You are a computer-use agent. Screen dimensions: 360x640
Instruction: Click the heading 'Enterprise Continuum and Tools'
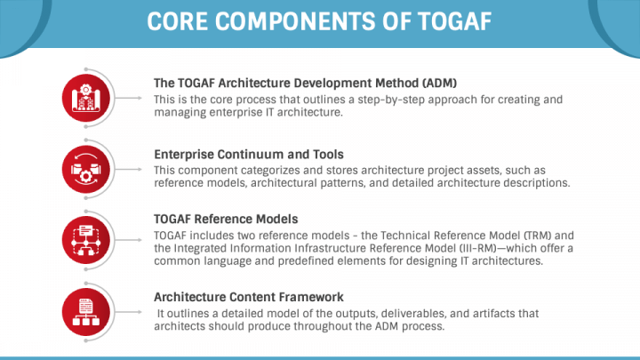pos(248,154)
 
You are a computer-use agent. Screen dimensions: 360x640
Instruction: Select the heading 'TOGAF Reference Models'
pos(226,219)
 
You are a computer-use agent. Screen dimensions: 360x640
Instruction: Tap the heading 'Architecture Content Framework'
pos(248,296)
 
